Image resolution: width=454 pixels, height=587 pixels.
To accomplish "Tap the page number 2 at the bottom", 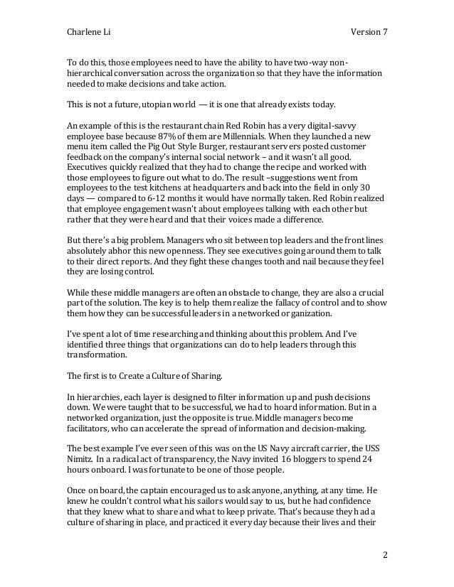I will (x=384, y=555).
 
